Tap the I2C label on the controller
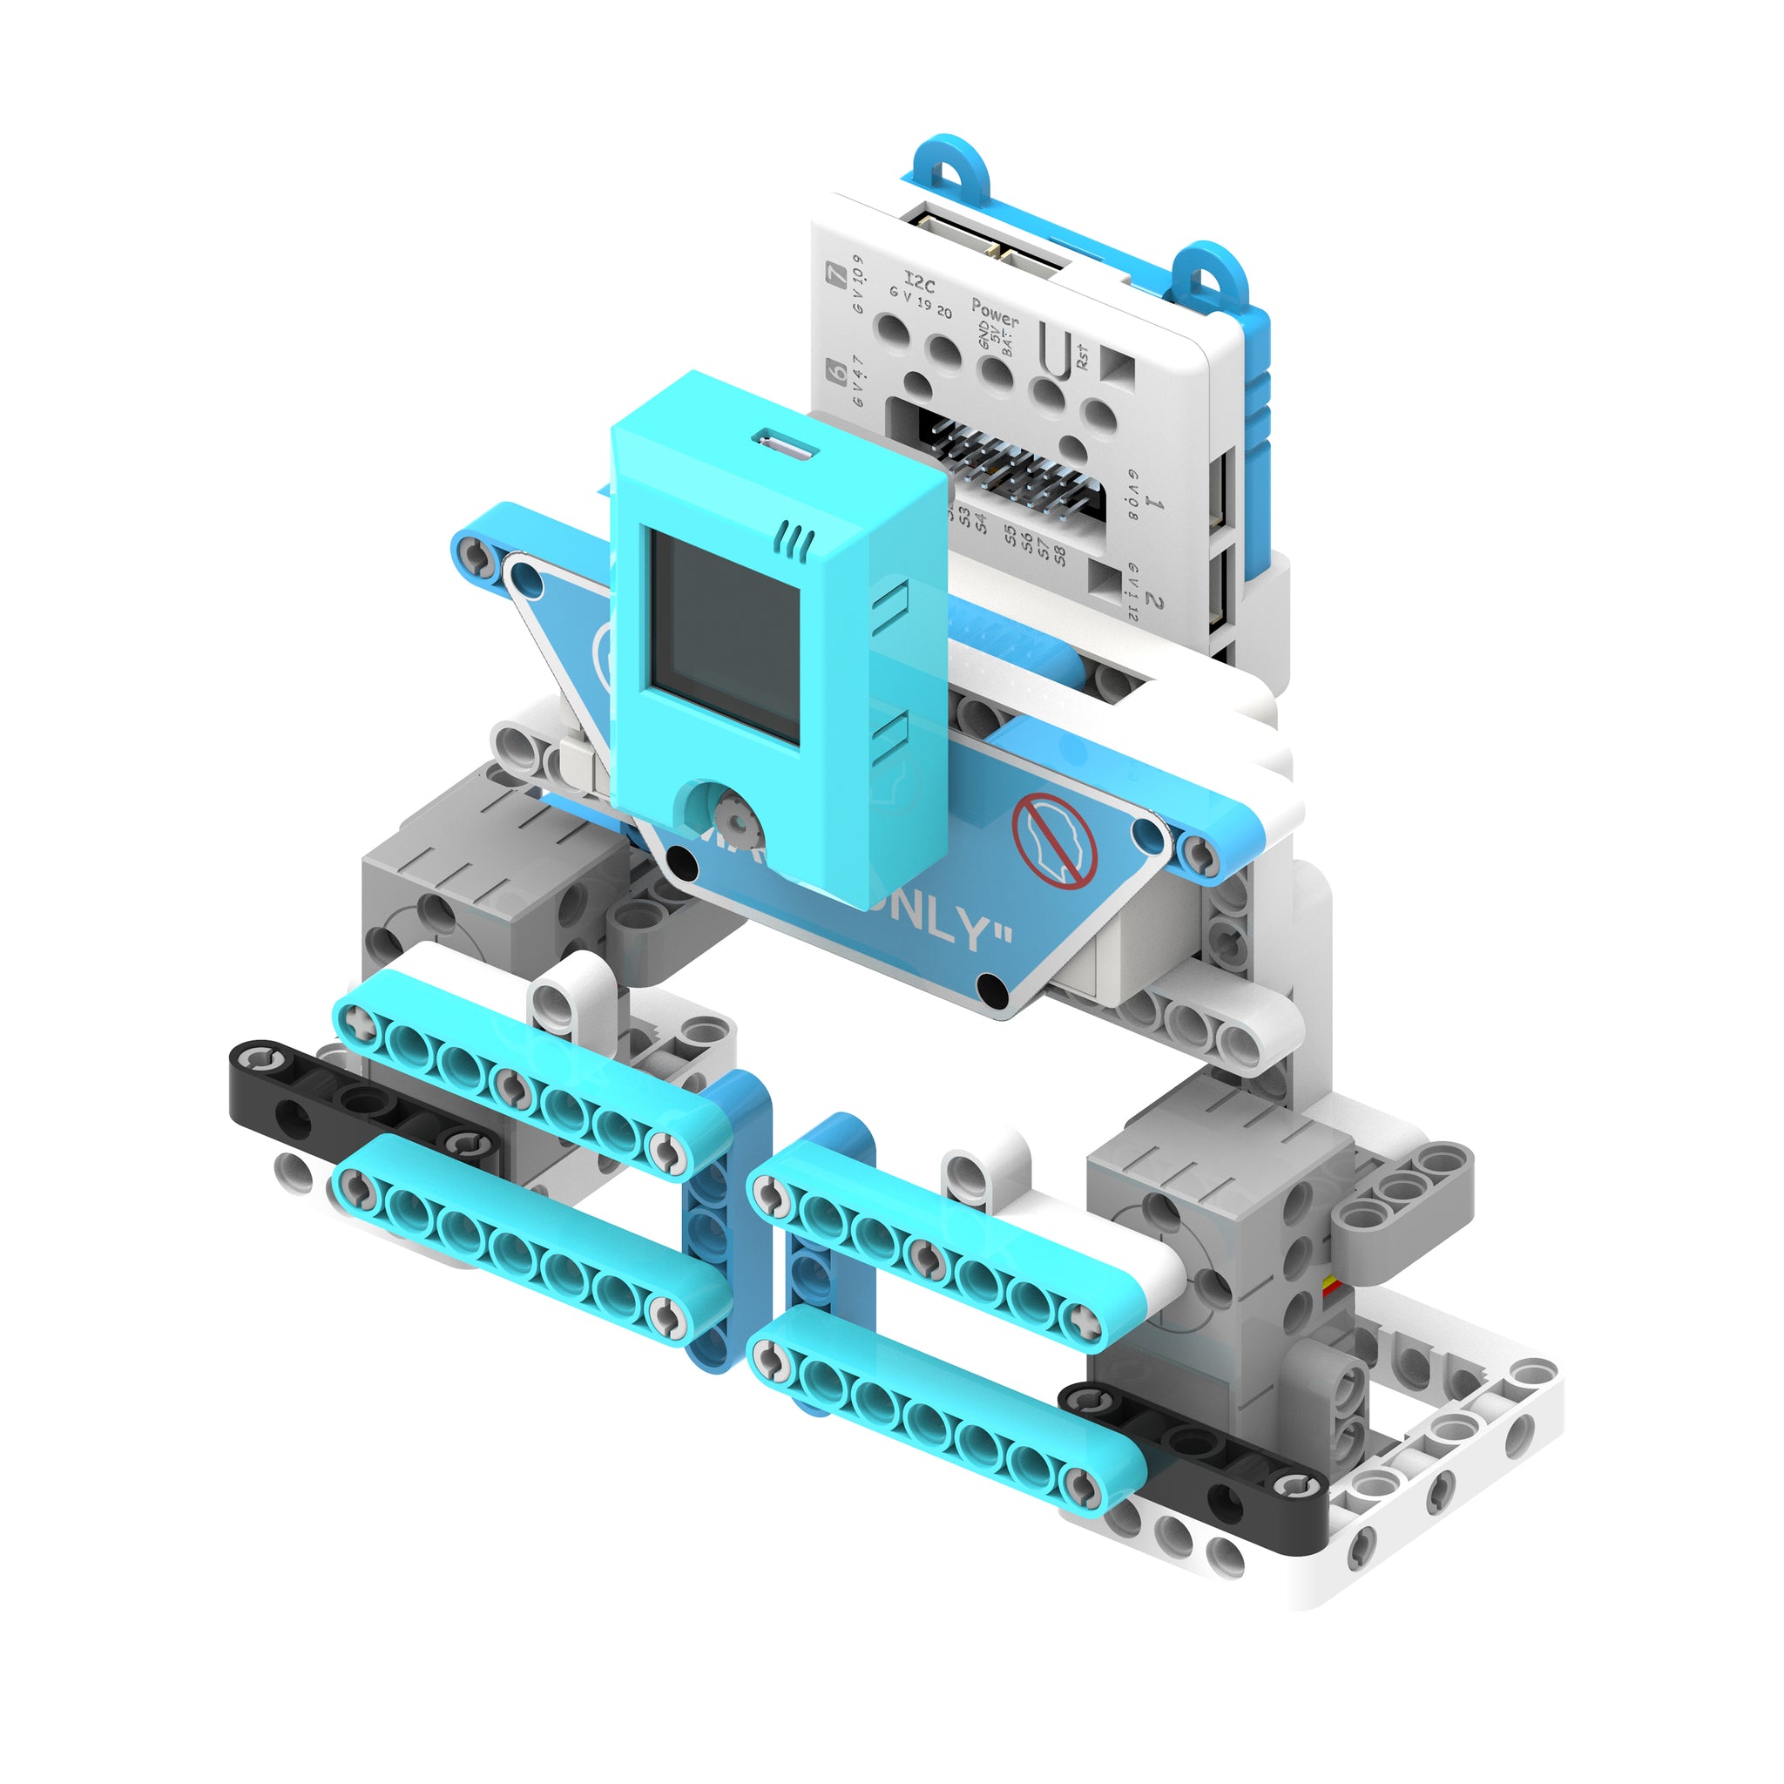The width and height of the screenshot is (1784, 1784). tap(919, 281)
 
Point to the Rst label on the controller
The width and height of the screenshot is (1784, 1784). tap(1081, 356)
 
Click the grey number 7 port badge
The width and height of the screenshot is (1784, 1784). tap(837, 274)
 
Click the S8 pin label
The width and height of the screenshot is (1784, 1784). tap(1059, 554)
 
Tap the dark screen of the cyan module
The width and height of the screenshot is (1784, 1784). tap(724, 637)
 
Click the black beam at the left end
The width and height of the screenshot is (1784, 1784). tap(365, 1104)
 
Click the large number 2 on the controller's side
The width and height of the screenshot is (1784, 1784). tap(1153, 600)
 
